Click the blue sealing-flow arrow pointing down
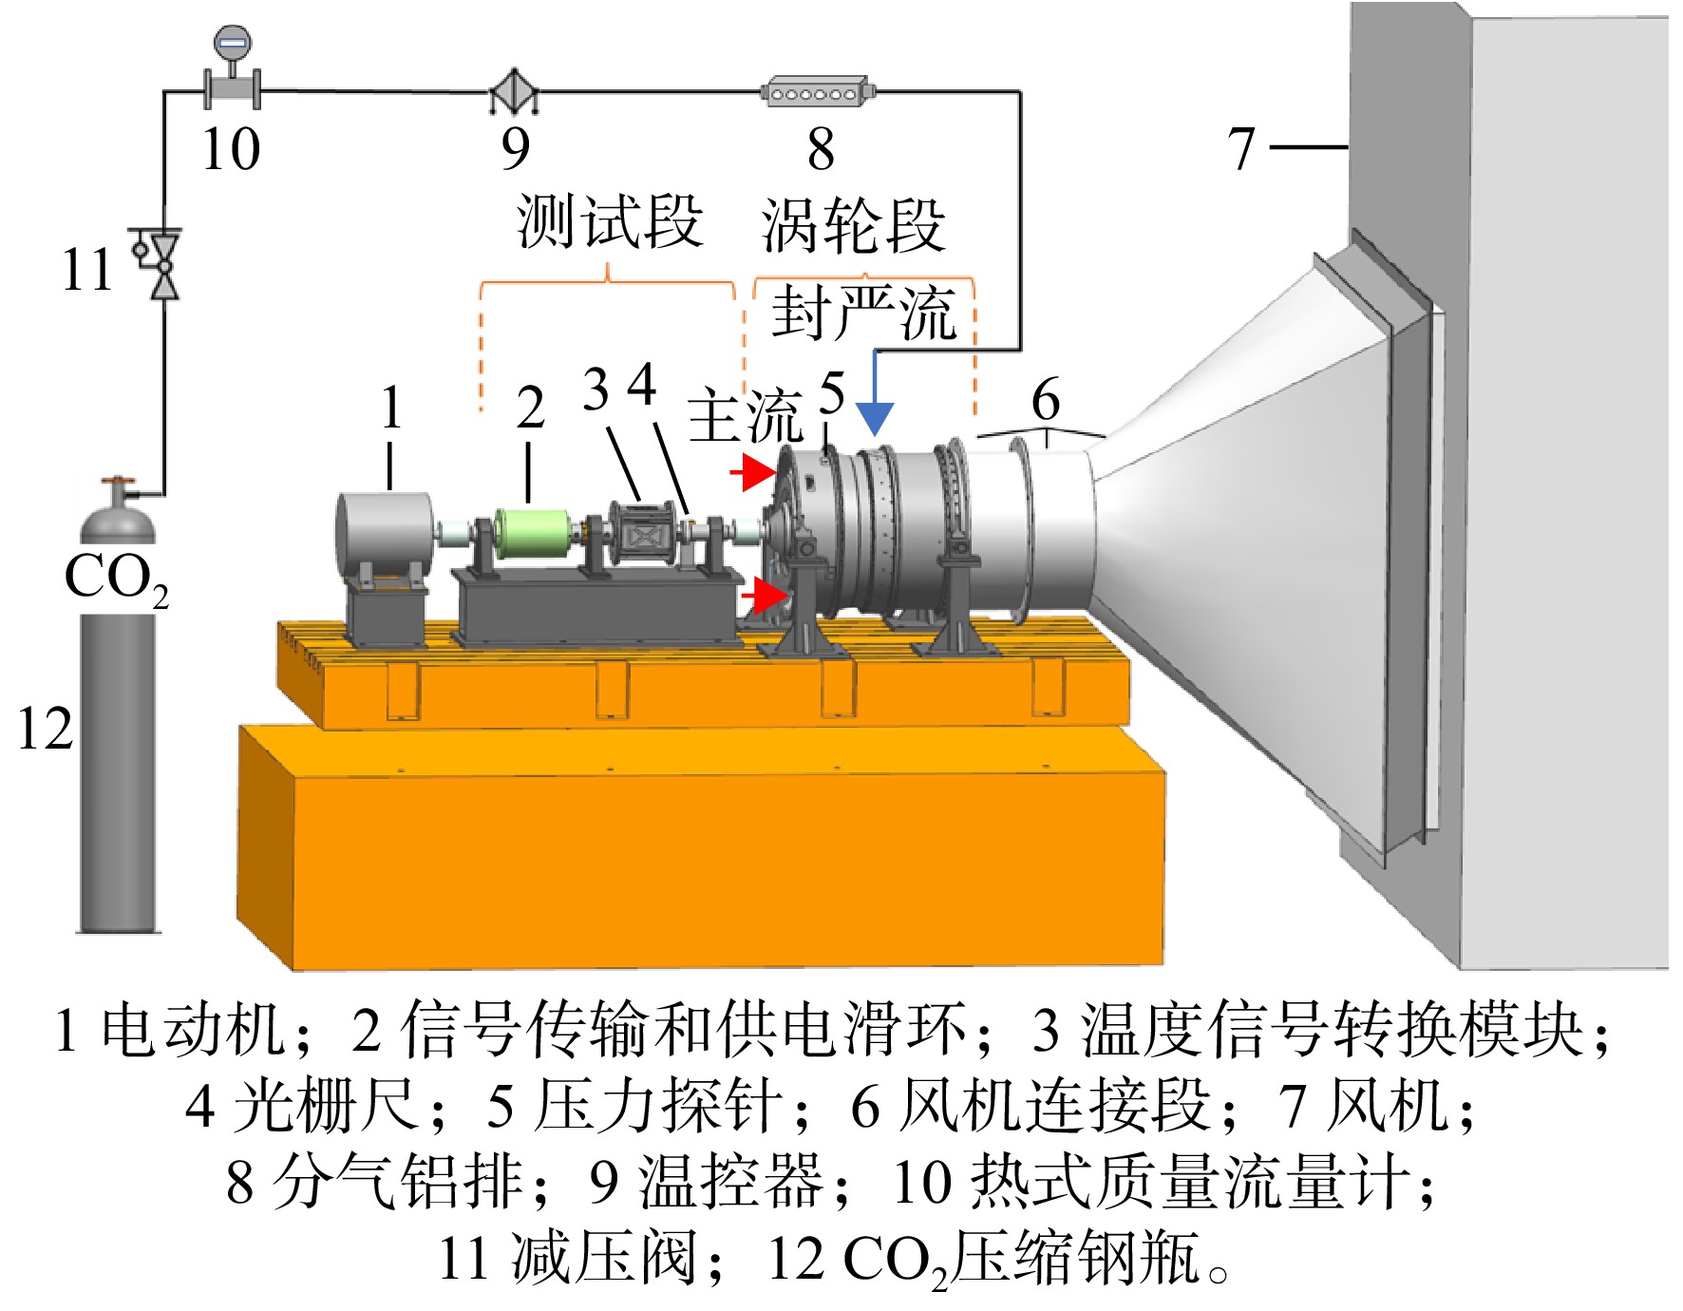[875, 394]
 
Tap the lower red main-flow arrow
[765, 596]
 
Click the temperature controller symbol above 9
[514, 91]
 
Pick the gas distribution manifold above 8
[818, 92]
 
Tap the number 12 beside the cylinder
[45, 730]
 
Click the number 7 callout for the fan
[1241, 149]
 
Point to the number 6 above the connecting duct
[1046, 399]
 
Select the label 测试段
[610, 221]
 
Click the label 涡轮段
[853, 226]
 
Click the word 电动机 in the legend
[193, 1030]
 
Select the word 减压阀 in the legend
[604, 1259]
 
